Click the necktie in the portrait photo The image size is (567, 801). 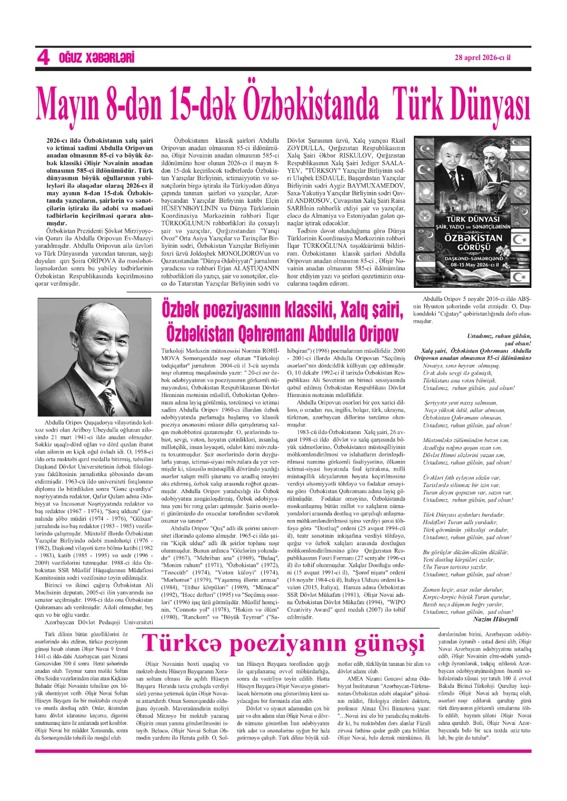click(107, 401)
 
